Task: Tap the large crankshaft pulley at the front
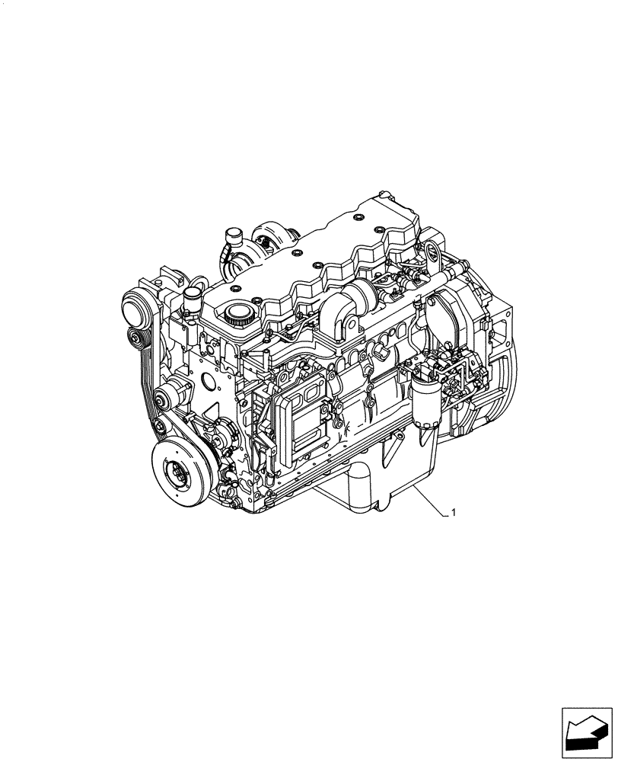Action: pyautogui.click(x=181, y=472)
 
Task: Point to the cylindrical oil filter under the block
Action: pyautogui.click(x=358, y=488)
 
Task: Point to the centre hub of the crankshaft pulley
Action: pyautogui.click(x=180, y=473)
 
